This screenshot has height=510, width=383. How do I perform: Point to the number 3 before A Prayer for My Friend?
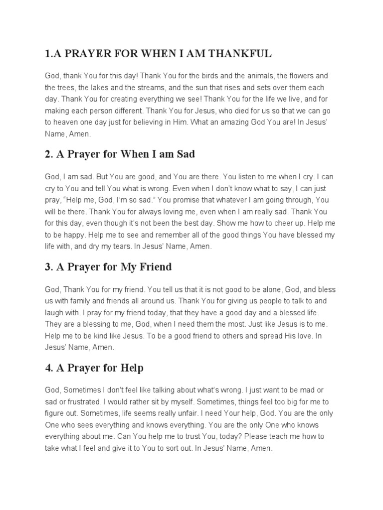pyautogui.click(x=48, y=267)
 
